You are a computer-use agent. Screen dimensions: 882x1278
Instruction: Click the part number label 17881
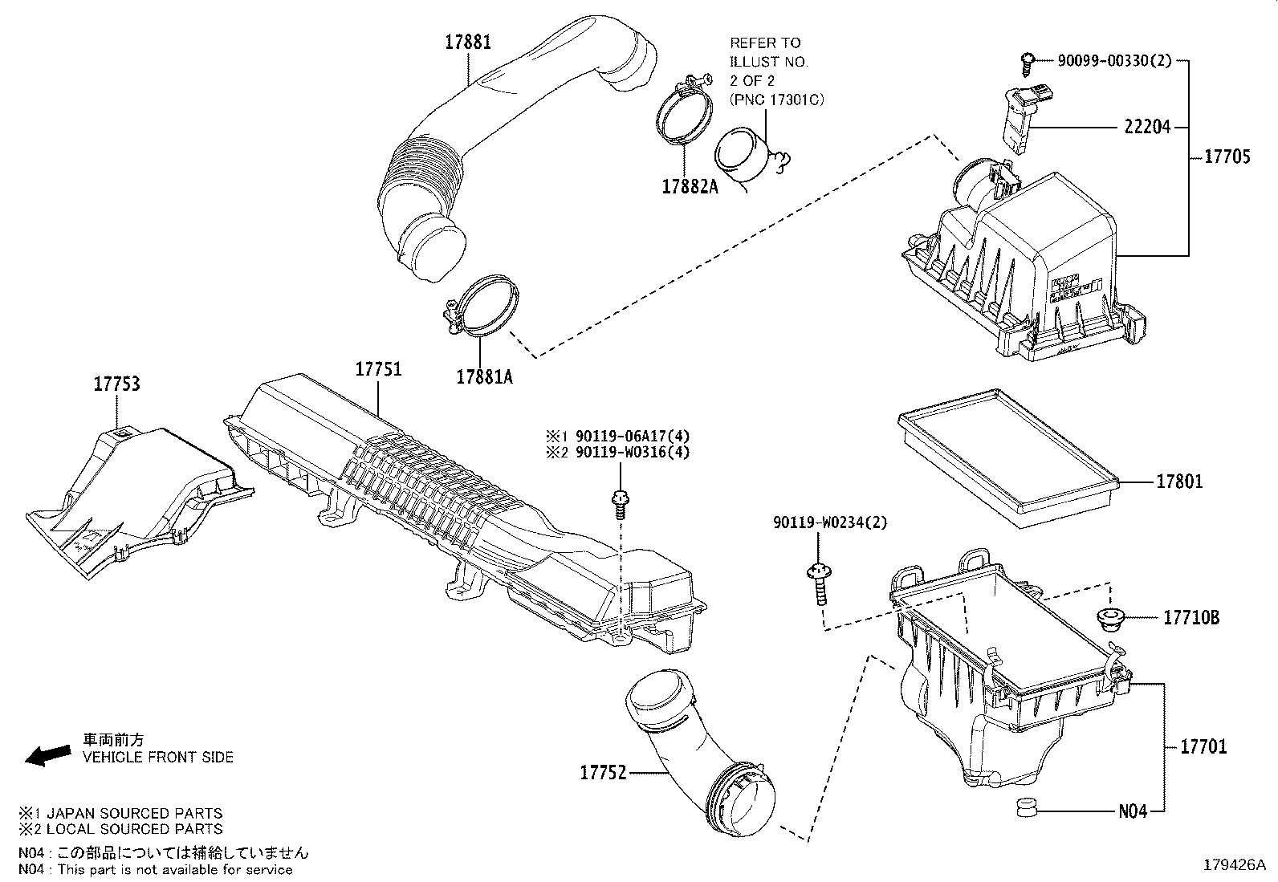pos(468,42)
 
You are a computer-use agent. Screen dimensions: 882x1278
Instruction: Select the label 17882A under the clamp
pos(690,187)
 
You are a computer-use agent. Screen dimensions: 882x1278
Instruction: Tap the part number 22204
pos(1147,127)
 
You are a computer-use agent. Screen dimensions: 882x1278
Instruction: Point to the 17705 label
pos(1227,156)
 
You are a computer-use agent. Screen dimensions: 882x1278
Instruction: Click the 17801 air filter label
pos(1179,482)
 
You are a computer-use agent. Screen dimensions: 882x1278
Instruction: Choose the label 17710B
pos(1191,618)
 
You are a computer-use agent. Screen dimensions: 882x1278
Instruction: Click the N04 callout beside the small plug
pos(1133,811)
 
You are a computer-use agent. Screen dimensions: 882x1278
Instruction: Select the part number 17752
pos(603,773)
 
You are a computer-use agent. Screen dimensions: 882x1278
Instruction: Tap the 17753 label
pos(116,384)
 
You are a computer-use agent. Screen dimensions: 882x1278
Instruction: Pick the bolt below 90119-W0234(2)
pos(818,583)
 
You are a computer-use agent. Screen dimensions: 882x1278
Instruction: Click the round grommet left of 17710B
pos(1109,620)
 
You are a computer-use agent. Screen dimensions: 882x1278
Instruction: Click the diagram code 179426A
pos(1233,865)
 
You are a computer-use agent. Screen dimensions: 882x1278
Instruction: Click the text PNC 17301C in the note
pos(777,100)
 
